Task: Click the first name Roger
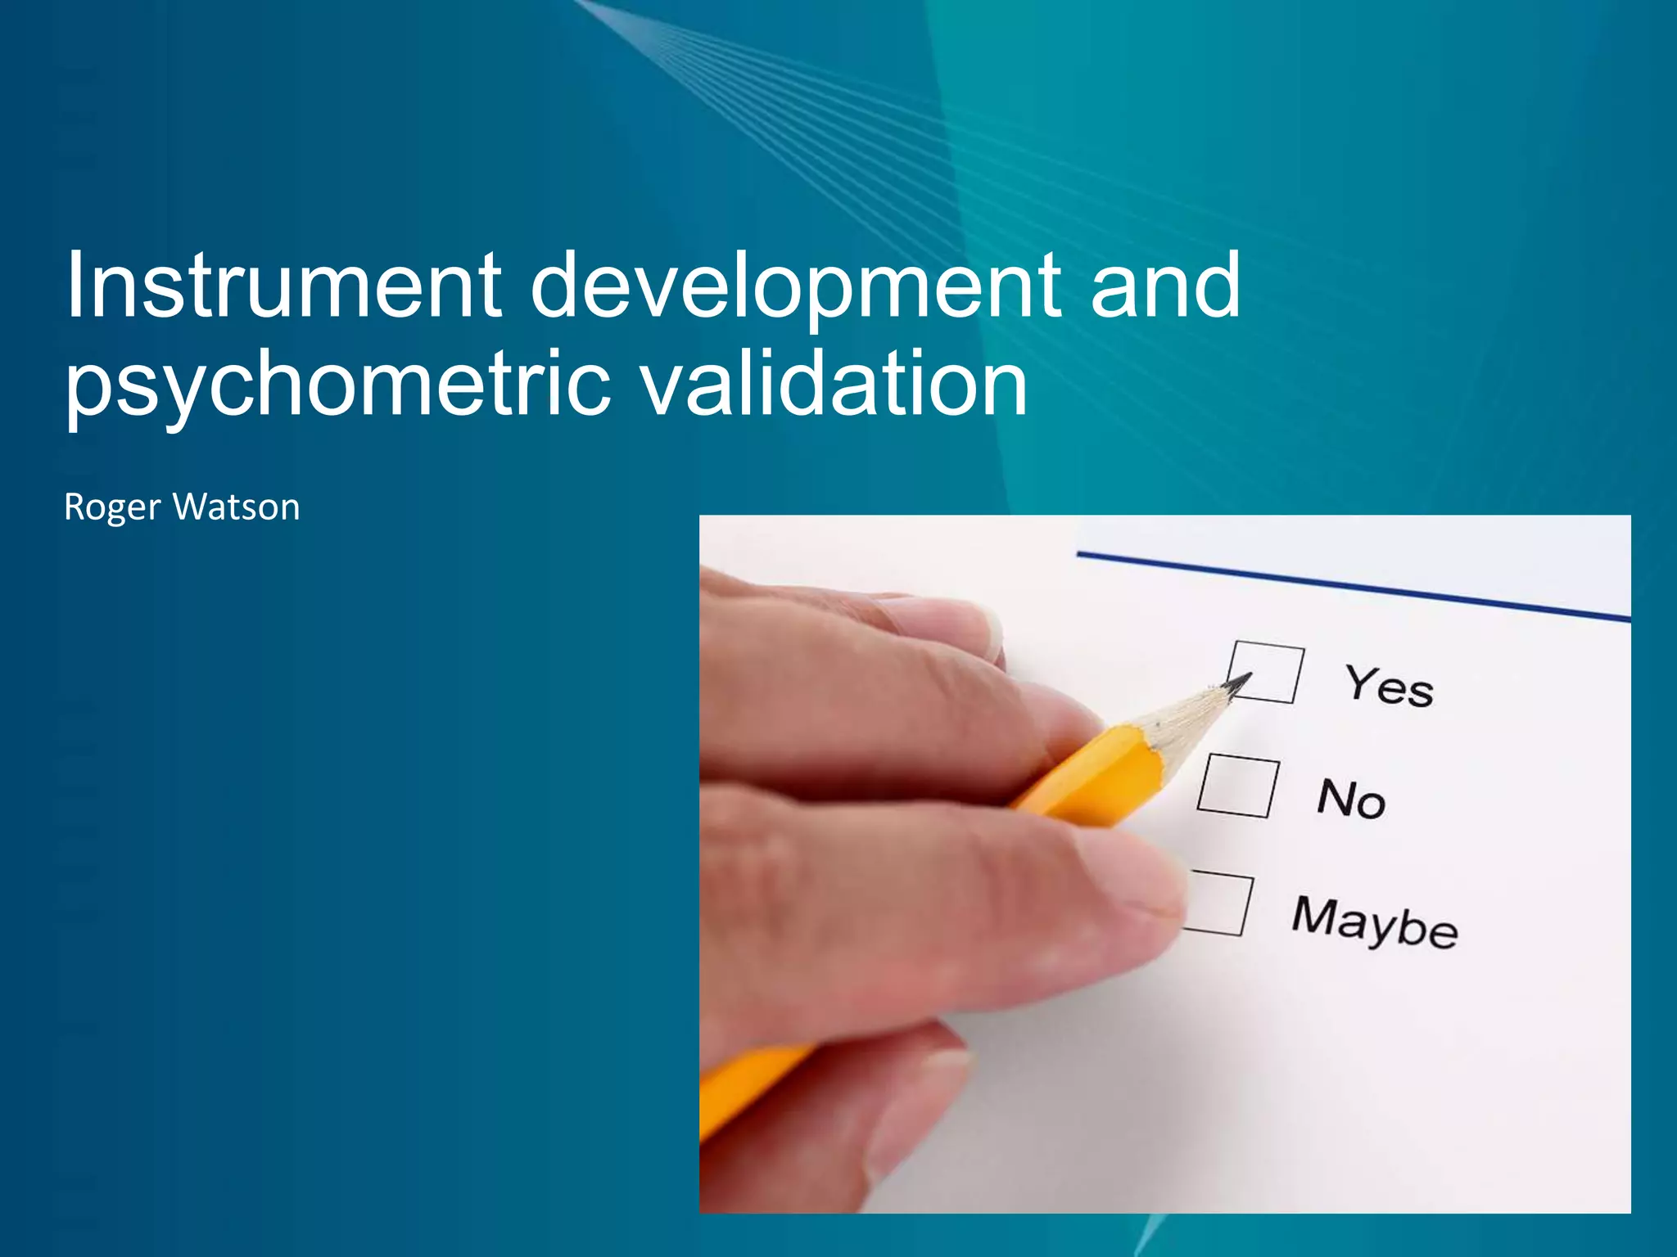(112, 508)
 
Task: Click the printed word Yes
(1389, 686)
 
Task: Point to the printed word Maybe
(1375, 922)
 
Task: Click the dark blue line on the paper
(1351, 586)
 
